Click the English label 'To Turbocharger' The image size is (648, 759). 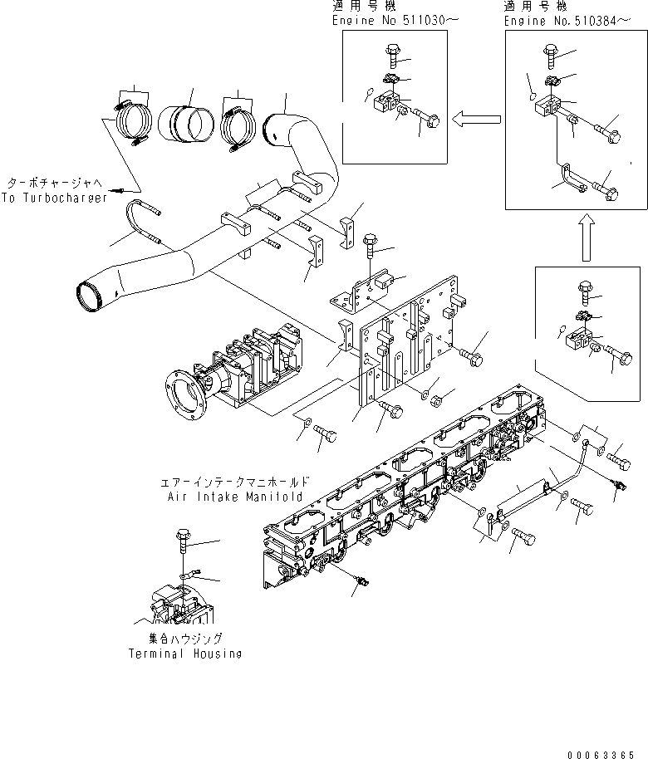54,199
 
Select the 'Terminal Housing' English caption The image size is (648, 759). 185,654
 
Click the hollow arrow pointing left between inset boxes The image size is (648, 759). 476,120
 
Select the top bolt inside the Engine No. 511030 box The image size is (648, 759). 393,56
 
